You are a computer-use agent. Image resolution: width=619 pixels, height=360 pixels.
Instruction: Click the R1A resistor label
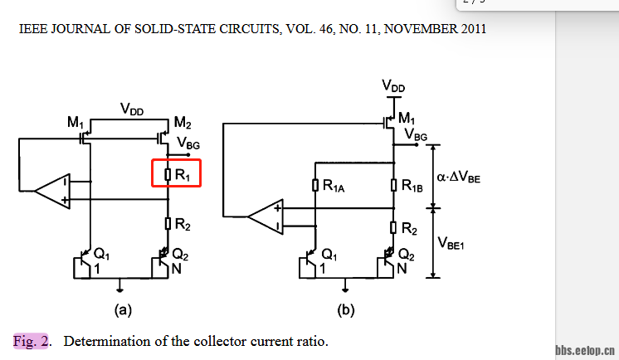(x=333, y=187)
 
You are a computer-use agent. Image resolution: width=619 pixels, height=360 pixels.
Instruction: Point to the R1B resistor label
(x=412, y=187)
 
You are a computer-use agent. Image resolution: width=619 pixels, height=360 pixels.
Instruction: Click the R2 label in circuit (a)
(x=183, y=223)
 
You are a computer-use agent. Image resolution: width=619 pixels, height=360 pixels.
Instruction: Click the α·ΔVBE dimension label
(x=458, y=177)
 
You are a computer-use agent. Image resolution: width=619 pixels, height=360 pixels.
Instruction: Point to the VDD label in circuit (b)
(x=394, y=86)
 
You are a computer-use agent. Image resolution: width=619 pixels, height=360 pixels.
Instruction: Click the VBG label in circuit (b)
(x=416, y=134)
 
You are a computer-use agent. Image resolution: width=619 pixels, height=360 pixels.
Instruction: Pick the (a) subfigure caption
(x=123, y=311)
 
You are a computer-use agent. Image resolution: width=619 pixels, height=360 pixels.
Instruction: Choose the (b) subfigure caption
(x=346, y=311)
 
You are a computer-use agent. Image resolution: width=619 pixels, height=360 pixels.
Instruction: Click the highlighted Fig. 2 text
(x=32, y=341)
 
